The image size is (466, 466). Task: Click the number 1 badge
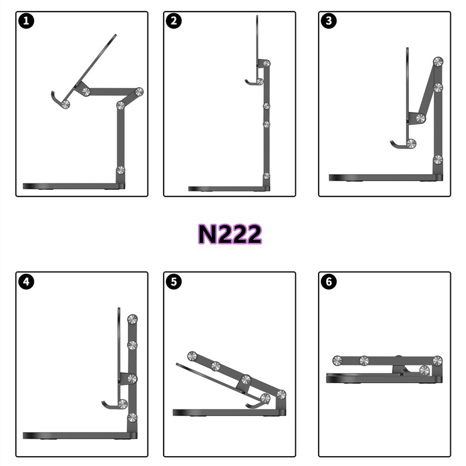tap(26, 21)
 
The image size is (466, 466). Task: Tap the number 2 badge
tap(174, 21)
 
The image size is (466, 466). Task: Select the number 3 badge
tap(329, 21)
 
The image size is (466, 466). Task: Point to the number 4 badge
tap(26, 281)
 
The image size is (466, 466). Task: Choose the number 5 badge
tap(174, 281)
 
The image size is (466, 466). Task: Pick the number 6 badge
tap(329, 281)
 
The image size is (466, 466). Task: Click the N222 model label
tap(230, 234)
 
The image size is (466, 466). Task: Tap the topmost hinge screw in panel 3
tap(438, 62)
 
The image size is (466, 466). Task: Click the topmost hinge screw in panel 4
tap(132, 319)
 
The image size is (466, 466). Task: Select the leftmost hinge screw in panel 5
tap(192, 356)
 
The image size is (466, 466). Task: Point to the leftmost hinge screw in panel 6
tap(337, 361)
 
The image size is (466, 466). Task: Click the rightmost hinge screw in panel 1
tap(139, 92)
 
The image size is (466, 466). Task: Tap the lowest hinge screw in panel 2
tap(267, 176)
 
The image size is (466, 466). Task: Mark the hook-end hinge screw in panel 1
tap(65, 104)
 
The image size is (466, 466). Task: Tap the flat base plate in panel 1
tap(74, 186)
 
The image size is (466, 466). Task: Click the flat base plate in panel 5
tap(229, 412)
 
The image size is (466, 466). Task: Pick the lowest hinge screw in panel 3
tap(438, 160)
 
